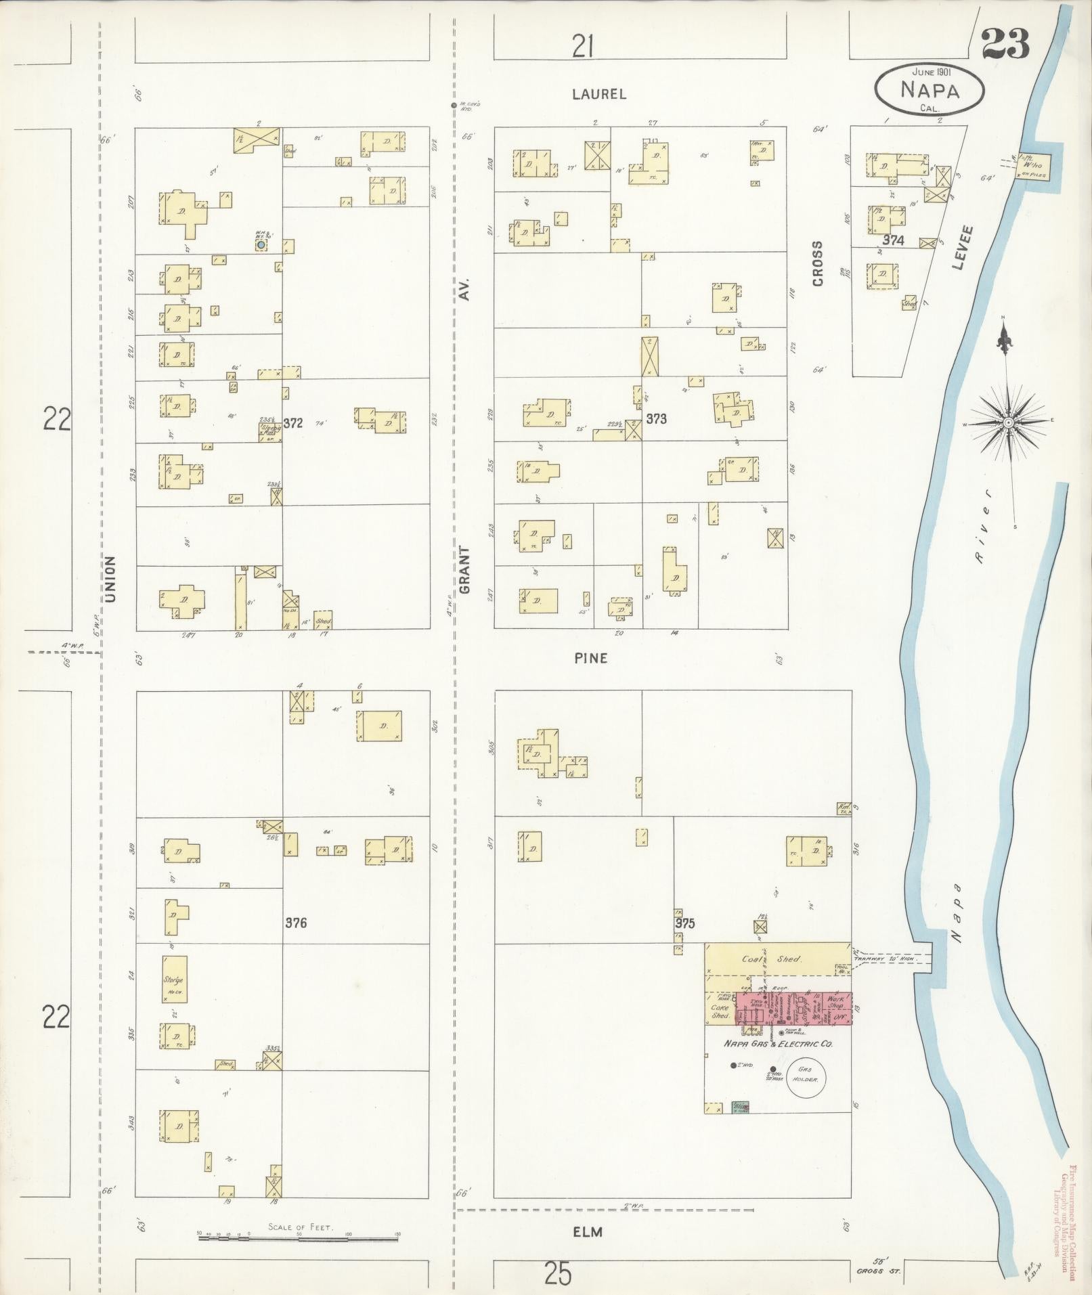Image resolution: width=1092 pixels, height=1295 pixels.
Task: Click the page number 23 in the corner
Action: coord(1005,44)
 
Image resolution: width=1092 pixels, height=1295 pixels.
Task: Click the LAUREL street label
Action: coord(599,94)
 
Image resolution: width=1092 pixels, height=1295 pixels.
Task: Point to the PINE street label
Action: coord(590,658)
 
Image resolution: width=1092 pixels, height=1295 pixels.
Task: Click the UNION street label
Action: coord(111,579)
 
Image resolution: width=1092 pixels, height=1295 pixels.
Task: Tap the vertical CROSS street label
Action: coord(817,263)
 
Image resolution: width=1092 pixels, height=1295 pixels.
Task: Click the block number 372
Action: coord(292,424)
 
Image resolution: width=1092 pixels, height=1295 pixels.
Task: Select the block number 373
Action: coord(656,419)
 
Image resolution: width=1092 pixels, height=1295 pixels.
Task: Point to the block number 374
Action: coord(894,240)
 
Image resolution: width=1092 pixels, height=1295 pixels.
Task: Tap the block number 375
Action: coord(684,923)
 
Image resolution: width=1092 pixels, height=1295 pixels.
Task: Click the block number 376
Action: coord(296,923)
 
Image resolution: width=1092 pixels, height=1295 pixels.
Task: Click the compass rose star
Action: coord(1008,422)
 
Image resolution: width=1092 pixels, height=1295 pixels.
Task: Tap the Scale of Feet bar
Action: coord(298,1238)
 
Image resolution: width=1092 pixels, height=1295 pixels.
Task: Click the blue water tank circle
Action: coord(261,244)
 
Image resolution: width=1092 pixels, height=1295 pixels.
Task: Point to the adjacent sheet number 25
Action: coord(558,1275)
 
